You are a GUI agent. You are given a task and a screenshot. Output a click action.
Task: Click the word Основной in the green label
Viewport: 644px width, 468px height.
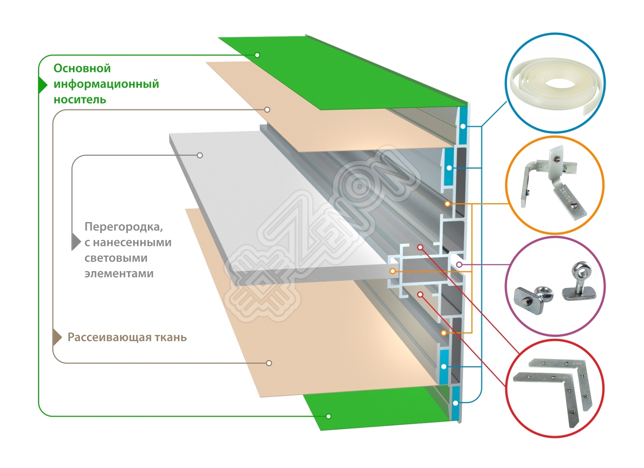pos(82,68)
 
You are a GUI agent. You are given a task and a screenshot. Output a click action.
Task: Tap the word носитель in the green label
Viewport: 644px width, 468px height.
pos(80,100)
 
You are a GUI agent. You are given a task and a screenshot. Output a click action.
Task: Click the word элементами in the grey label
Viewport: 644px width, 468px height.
pos(119,274)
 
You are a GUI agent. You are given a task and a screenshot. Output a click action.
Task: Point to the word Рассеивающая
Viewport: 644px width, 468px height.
pos(109,337)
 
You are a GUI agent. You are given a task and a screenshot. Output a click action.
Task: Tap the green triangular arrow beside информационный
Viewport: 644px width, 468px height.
pos(42,84)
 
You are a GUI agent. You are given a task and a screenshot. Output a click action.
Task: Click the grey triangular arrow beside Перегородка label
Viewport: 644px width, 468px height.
pos(76,242)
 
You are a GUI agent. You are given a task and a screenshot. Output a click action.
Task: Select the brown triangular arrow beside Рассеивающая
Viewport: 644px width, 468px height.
pos(57,337)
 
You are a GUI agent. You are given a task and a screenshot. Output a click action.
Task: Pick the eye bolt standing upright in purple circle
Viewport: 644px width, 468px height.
pos(579,283)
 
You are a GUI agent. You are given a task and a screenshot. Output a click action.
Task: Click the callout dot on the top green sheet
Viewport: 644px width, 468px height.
pos(257,55)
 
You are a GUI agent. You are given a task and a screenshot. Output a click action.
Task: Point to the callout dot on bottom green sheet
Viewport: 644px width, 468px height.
pos(328,416)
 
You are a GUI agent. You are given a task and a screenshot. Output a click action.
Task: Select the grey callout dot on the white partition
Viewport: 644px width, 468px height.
pos(200,155)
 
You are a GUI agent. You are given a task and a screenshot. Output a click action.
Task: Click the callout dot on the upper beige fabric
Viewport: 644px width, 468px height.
pos(267,110)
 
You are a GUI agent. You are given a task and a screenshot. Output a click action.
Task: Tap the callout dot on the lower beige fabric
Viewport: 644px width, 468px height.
pos(269,363)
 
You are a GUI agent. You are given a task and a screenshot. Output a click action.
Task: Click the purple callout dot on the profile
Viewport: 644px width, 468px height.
pos(459,264)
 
